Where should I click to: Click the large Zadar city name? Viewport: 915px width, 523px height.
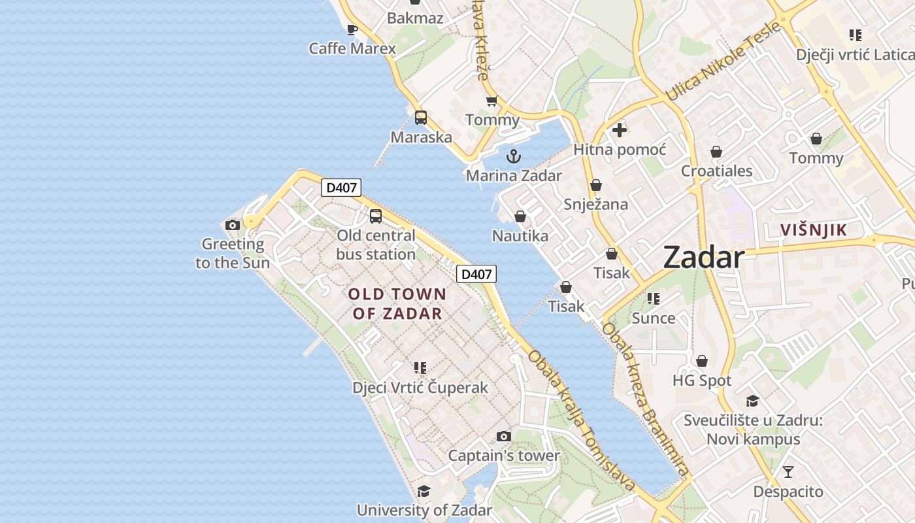point(704,258)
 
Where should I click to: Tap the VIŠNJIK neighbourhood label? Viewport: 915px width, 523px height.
point(814,230)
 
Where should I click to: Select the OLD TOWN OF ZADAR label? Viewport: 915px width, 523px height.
point(397,303)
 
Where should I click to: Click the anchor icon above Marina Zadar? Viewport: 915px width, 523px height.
point(514,156)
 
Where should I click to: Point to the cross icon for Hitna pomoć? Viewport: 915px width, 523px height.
point(620,130)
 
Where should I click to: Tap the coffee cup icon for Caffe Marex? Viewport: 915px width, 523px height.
point(352,29)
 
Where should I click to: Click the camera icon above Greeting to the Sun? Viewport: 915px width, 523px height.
point(232,225)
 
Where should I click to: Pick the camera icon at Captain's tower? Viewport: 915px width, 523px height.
point(503,436)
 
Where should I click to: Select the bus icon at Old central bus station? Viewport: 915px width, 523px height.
point(376,216)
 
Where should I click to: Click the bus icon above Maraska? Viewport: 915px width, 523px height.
point(421,118)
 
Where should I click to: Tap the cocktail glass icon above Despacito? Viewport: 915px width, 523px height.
point(788,471)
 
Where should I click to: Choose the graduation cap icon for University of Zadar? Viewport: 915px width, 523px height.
point(424,491)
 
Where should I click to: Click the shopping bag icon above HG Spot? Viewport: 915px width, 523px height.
point(702,361)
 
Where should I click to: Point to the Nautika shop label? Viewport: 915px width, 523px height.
point(520,236)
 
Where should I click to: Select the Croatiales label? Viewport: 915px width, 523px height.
point(717,171)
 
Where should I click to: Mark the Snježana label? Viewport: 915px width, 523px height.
point(596,204)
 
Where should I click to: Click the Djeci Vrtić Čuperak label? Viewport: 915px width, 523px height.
point(420,388)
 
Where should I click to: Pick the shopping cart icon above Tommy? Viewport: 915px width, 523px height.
point(492,101)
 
